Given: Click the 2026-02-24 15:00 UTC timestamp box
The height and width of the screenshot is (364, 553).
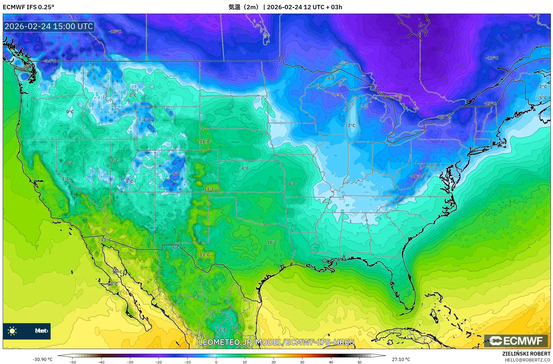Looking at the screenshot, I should pyautogui.click(x=49, y=26).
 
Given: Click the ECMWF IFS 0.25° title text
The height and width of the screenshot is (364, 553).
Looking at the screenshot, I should pyautogui.click(x=29, y=7).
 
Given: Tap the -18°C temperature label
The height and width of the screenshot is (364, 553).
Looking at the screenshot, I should pyautogui.click(x=115, y=32).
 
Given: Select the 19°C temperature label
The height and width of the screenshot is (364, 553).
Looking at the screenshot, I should pyautogui.click(x=117, y=272).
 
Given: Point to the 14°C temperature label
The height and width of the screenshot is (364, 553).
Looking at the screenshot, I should pyautogui.click(x=209, y=189).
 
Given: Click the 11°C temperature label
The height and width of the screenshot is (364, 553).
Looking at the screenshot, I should pyautogui.click(x=205, y=142).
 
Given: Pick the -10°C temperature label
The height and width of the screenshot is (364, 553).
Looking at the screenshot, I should pyautogui.click(x=416, y=176).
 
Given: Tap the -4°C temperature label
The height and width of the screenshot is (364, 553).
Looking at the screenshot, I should pyautogui.click(x=330, y=78).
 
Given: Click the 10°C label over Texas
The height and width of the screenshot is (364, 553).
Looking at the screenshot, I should pyautogui.click(x=272, y=242).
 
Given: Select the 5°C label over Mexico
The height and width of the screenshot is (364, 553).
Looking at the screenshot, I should pyautogui.click(x=223, y=330).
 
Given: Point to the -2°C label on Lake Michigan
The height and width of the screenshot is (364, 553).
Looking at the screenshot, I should pyautogui.click(x=351, y=125).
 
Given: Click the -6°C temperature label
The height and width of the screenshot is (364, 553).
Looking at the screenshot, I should pyautogui.click(x=146, y=120).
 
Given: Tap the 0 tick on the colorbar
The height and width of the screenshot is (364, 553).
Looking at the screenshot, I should pyautogui.click(x=216, y=362).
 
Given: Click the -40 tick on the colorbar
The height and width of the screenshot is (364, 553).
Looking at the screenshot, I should pyautogui.click(x=101, y=362).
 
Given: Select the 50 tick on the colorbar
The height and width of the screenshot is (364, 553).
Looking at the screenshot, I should pyautogui.click(x=360, y=362).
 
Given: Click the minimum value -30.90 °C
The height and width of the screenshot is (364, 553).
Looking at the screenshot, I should pyautogui.click(x=43, y=359).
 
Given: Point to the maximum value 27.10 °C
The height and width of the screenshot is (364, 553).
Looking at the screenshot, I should pyautogui.click(x=401, y=359).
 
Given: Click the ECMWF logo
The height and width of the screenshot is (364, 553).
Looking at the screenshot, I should pyautogui.click(x=516, y=341).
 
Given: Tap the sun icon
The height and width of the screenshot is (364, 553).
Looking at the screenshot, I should pyautogui.click(x=12, y=331).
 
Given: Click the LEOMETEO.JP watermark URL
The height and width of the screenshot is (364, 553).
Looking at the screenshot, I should pyautogui.click(x=276, y=342).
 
